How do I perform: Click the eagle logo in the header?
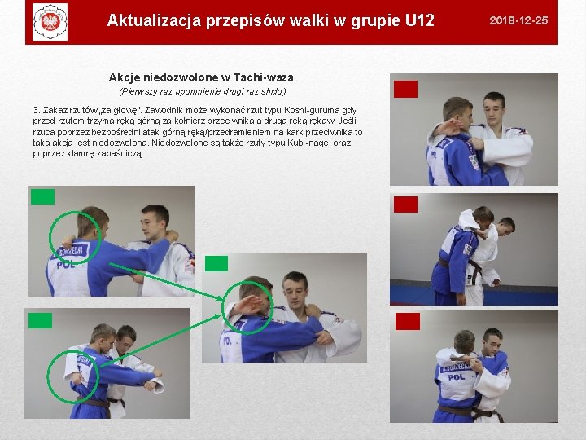(x=50, y=22)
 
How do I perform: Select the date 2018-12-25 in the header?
(x=518, y=20)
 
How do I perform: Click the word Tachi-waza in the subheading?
(x=264, y=77)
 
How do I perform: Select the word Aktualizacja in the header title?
(x=155, y=20)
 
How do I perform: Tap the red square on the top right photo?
(x=405, y=89)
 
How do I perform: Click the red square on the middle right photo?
(x=405, y=205)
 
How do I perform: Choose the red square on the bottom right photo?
(x=408, y=321)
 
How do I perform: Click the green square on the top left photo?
(x=42, y=197)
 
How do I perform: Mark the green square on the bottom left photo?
(x=40, y=321)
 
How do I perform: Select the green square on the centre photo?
(x=216, y=263)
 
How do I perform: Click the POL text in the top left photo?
(x=66, y=265)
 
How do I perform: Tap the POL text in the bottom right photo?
(x=457, y=377)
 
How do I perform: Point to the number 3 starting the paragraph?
(x=36, y=110)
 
